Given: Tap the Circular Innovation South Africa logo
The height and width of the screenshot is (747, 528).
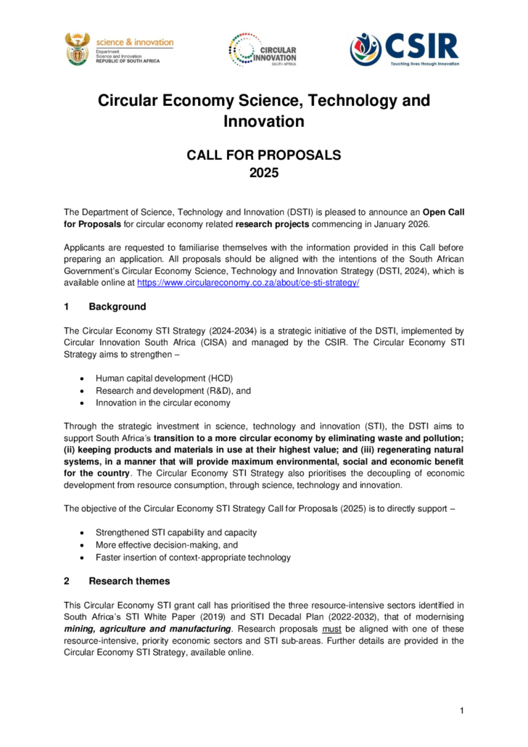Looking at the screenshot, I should pos(263,50).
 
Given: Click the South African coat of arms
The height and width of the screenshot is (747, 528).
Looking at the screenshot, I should pos(77,49).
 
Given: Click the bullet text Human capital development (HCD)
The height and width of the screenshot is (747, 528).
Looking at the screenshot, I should pos(164,379).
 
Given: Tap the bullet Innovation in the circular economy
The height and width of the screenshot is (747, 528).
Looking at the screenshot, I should pos(162,403).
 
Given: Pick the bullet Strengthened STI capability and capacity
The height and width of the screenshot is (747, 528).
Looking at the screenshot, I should pos(176,532).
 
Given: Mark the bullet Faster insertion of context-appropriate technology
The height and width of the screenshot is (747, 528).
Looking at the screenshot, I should pos(193,557).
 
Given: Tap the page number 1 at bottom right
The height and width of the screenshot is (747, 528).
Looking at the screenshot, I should pos(461,709).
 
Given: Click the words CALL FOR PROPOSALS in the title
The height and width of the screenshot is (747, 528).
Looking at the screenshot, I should pos(264,154).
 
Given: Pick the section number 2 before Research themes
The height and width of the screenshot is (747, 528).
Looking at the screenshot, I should pos(67,581).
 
